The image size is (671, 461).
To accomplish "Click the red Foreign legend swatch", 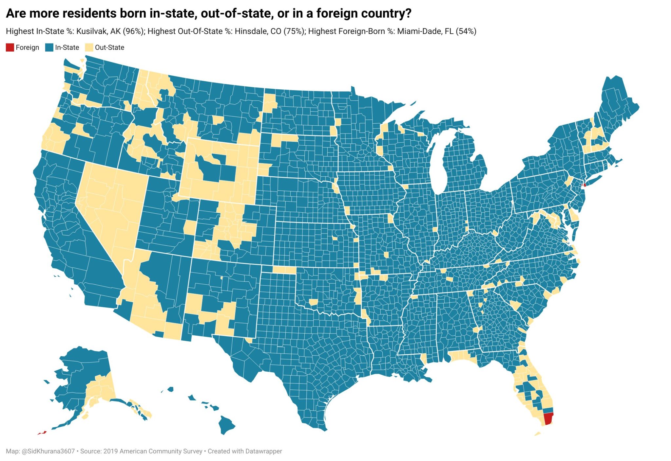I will click(10, 47).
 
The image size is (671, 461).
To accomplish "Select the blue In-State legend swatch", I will click(49, 47).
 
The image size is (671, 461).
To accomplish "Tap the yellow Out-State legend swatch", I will click(89, 47).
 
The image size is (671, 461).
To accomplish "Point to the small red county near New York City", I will click(585, 185).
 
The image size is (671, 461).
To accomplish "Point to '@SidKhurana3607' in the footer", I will click(48, 451).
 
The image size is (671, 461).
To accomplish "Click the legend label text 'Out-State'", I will click(109, 47).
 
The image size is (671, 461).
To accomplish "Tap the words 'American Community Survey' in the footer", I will click(160, 451).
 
